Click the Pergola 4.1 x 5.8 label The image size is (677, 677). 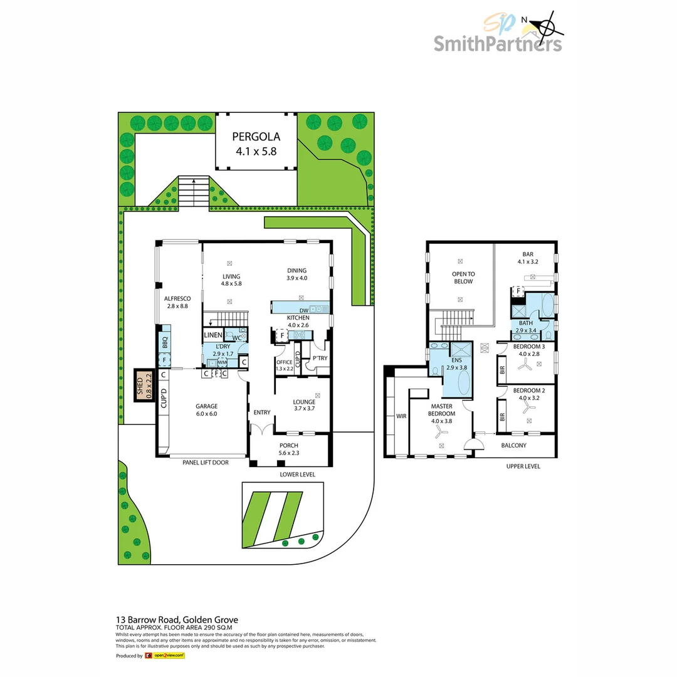(x=256, y=144)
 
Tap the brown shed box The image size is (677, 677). (x=144, y=386)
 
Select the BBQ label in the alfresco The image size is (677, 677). (x=165, y=344)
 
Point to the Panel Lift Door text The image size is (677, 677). (x=205, y=463)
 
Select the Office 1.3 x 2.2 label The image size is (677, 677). (x=284, y=365)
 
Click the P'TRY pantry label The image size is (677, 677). (x=320, y=358)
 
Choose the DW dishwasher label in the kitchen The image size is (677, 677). (x=303, y=310)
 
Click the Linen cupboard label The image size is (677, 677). (x=213, y=335)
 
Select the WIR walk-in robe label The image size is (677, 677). (x=401, y=416)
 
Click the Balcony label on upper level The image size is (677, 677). (x=514, y=446)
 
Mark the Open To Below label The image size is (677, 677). (x=463, y=278)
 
